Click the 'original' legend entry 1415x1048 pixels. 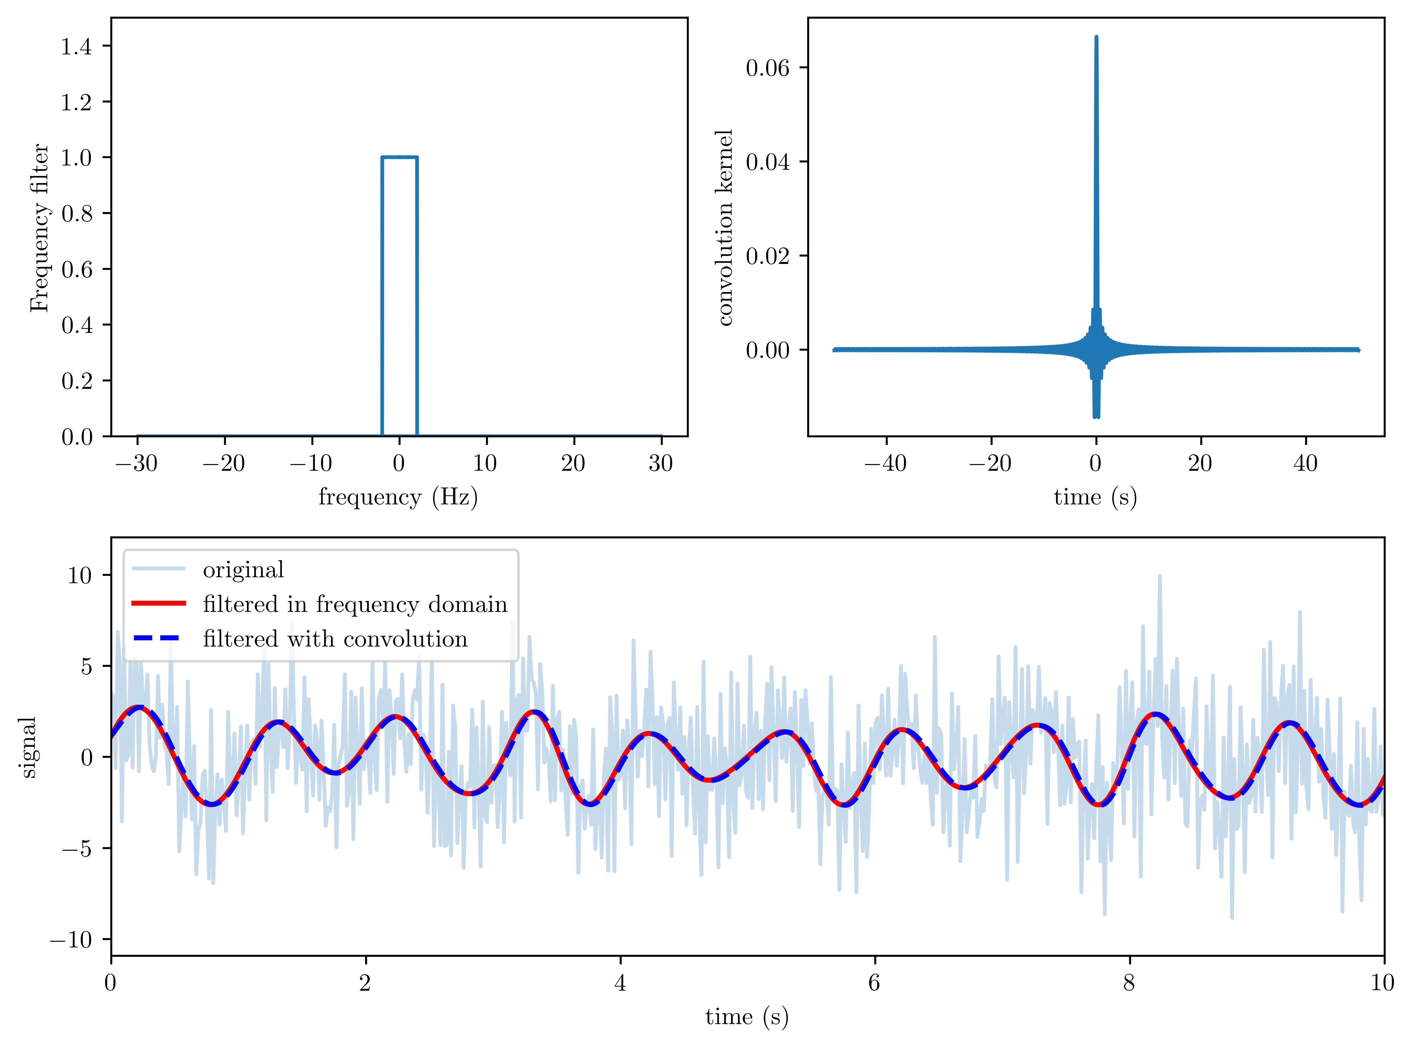click(x=243, y=570)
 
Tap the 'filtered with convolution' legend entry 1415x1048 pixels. click(x=335, y=639)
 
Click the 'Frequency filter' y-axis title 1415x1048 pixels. click(x=39, y=227)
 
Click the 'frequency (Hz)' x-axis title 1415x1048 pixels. click(x=398, y=497)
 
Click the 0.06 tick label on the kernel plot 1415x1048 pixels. click(x=767, y=68)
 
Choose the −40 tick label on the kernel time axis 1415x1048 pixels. click(x=885, y=464)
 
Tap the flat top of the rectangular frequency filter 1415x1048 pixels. click(x=400, y=157)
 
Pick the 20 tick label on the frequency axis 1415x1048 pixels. click(x=573, y=464)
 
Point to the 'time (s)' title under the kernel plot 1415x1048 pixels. click(x=1095, y=497)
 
